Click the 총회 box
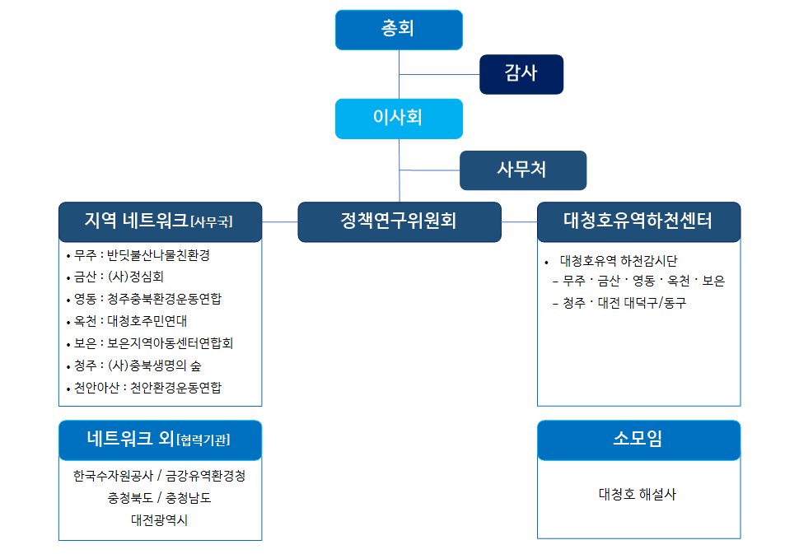pos(399,30)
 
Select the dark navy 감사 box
pos(521,74)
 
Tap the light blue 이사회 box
pos(399,119)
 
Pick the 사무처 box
pos(523,170)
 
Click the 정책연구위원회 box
pos(399,222)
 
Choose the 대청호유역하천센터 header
pos(639,222)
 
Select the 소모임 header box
pos(639,440)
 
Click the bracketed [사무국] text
pos(212,222)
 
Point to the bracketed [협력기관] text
pos(203,440)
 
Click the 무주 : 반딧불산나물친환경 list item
pos(138,255)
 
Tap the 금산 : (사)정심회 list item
pos(115,277)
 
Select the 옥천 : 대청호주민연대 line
pos(127,321)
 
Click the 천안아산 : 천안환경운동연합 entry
pos(144,388)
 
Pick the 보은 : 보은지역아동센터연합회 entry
pos(150,344)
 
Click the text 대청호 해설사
pos(638,495)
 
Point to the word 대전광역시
pos(160,520)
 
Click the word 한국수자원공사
pos(113,476)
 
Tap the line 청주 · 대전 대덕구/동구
pos(619,304)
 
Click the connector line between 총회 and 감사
pos(439,74)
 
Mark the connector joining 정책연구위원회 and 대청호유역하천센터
pos(519,222)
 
